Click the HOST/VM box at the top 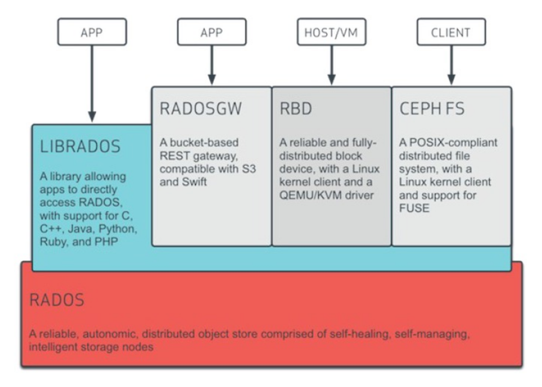[x=332, y=32]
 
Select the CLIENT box [x=451, y=32]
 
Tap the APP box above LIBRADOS [x=92, y=32]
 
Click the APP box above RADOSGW [x=212, y=32]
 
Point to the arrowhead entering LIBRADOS [x=92, y=117]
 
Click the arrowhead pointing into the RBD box [x=332, y=80]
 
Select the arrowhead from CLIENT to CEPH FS [x=451, y=80]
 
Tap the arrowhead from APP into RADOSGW [x=212, y=80]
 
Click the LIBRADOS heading [x=80, y=146]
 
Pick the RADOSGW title [x=201, y=108]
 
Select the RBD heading [x=296, y=108]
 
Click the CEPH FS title [x=432, y=108]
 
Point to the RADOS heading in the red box [x=56, y=300]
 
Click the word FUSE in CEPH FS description [x=414, y=208]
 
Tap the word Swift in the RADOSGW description [x=194, y=182]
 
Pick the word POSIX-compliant [x=453, y=143]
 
